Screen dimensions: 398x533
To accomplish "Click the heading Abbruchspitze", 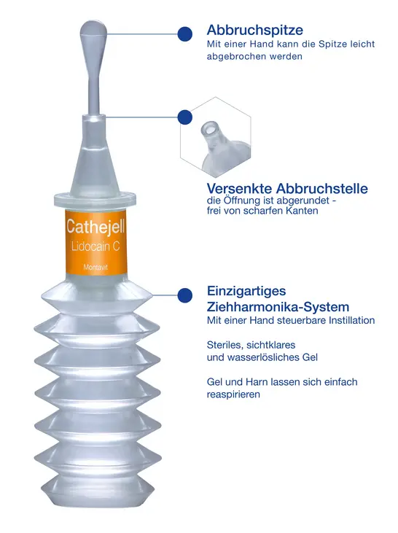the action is tap(255, 30).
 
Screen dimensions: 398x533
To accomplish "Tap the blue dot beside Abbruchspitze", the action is tap(185, 34).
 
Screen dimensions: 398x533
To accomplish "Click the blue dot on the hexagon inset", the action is tap(185, 117).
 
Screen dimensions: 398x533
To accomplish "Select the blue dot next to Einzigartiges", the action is tap(185, 295).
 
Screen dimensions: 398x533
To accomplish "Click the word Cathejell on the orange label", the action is tap(95, 226).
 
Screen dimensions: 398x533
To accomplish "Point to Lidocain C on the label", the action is tap(95, 246).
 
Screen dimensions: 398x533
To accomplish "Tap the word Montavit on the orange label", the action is tap(95, 267).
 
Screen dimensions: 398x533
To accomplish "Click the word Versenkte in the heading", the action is tap(239, 188).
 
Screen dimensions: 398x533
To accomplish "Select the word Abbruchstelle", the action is tap(322, 188).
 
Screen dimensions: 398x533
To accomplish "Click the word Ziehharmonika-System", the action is tap(278, 307).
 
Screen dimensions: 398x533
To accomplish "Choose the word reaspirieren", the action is tap(233, 394).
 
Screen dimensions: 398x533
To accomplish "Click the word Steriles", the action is tap(225, 345).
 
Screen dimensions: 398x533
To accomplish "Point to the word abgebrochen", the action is tap(236, 56).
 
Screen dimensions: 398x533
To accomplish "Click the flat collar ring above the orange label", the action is tap(95, 201).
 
